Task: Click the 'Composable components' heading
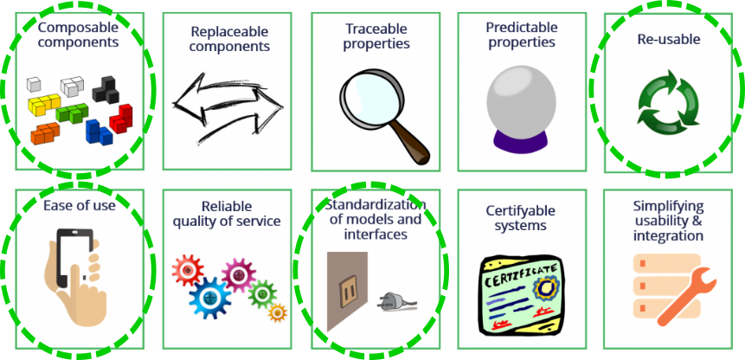coord(78,34)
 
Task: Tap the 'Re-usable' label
coord(668,39)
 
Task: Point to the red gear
coord(186,270)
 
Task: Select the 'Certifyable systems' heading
coord(520,218)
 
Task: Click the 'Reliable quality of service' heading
coord(227,214)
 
